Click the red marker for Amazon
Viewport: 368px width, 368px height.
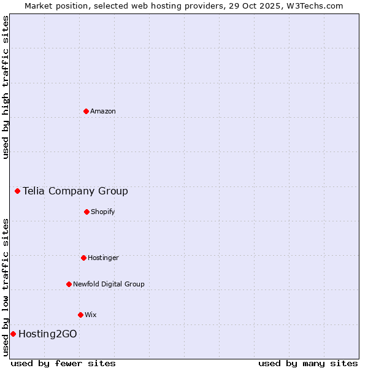[86, 111]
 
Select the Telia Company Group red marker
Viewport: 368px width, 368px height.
[17, 191]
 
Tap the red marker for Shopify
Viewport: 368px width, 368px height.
[86, 212]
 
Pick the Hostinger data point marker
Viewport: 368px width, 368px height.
[83, 258]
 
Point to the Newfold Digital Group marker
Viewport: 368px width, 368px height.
[69, 284]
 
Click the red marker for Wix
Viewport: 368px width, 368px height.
[80, 315]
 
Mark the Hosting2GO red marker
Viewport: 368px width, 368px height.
[13, 334]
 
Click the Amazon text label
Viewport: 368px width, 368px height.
[103, 111]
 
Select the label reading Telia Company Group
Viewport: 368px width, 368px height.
[75, 191]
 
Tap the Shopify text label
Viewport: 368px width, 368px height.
[103, 212]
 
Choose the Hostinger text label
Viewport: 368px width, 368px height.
[103, 258]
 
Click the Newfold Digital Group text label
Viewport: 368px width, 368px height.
[109, 284]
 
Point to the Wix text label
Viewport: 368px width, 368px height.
[91, 315]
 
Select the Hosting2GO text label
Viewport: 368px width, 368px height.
[48, 334]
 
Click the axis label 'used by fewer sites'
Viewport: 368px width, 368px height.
[63, 363]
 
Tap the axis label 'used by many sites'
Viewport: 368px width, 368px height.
[308, 363]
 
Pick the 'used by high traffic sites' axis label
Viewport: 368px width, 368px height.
[6, 87]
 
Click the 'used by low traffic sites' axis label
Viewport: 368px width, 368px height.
[6, 287]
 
